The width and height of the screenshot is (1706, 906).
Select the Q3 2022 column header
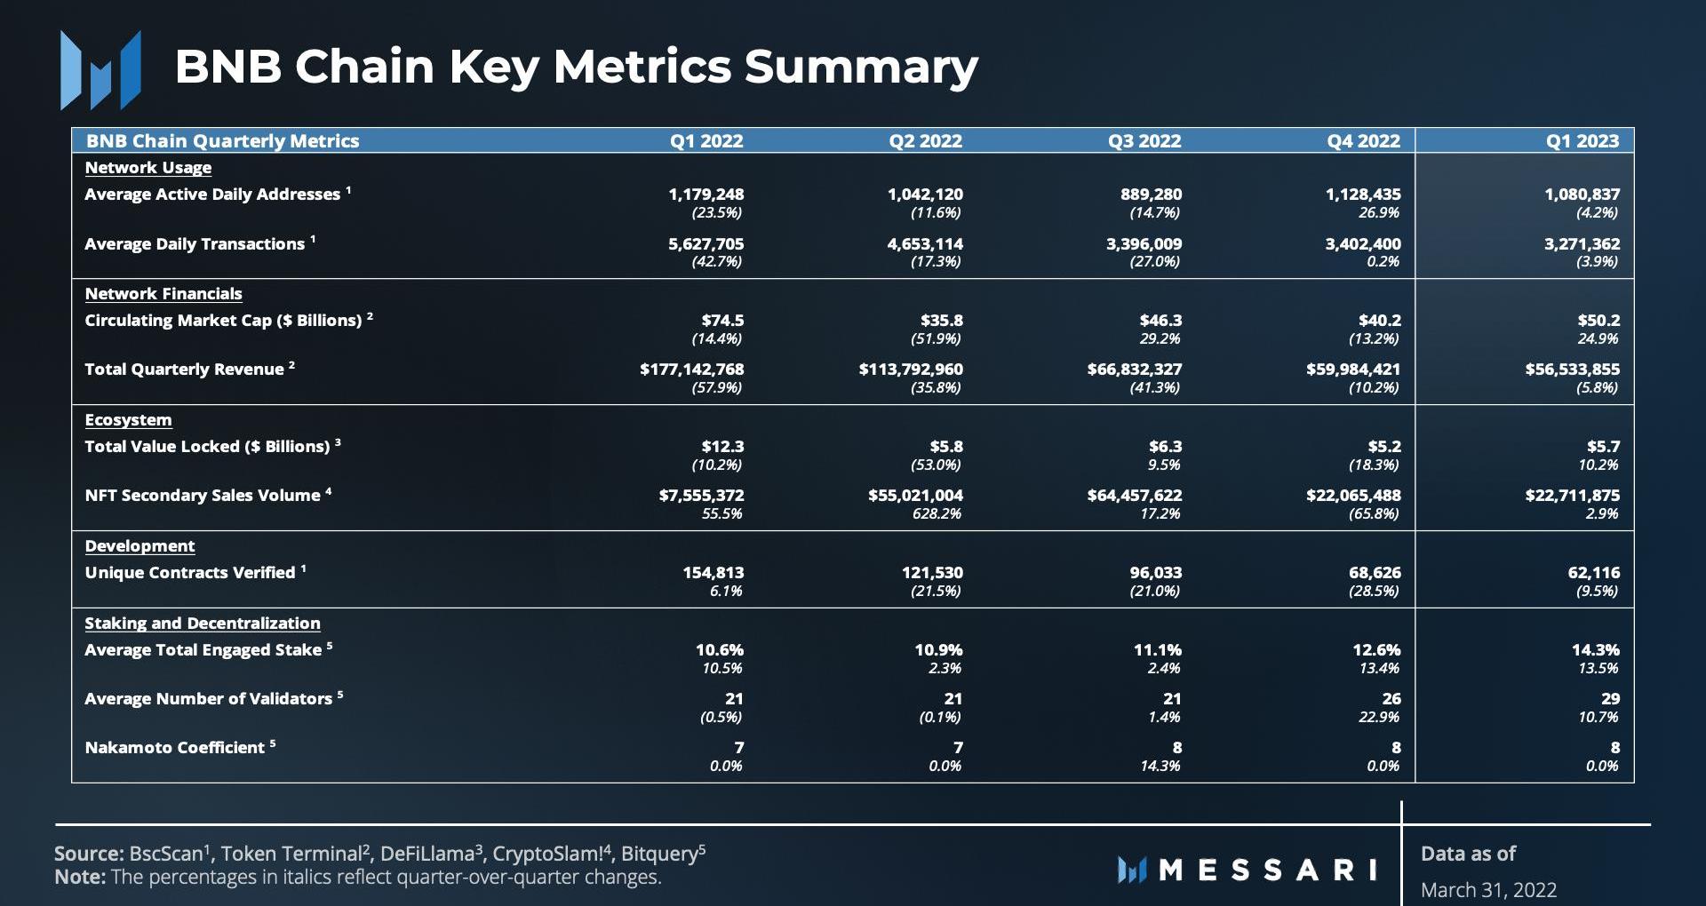pyautogui.click(x=1144, y=140)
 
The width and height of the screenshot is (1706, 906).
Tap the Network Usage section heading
pyautogui.click(x=147, y=167)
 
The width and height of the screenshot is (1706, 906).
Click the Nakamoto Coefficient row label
pyautogui.click(x=174, y=748)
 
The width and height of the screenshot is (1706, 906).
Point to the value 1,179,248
pyautogui.click(x=706, y=194)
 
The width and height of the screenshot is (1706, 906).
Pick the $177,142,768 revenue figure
pyautogui.click(x=691, y=369)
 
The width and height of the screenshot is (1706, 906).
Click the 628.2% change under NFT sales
pyautogui.click(x=937, y=513)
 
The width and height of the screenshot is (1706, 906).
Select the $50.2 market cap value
pyautogui.click(x=1598, y=320)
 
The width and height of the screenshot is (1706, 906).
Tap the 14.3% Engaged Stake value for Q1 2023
pyautogui.click(x=1595, y=649)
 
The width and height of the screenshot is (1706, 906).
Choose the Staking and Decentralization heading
pyautogui.click(x=203, y=623)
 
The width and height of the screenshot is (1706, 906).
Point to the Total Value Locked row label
pyautogui.click(x=207, y=446)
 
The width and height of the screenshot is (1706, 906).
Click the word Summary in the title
pyautogui.click(x=860, y=66)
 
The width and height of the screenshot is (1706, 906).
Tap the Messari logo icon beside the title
pyautogui.click(x=100, y=69)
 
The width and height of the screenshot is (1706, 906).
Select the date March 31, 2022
pyautogui.click(x=1488, y=890)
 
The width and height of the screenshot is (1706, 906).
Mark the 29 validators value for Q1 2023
pyautogui.click(x=1610, y=698)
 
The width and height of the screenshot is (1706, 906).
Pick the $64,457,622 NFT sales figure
pyautogui.click(x=1134, y=495)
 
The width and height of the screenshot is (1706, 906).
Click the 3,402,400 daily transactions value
pyautogui.click(x=1362, y=243)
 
